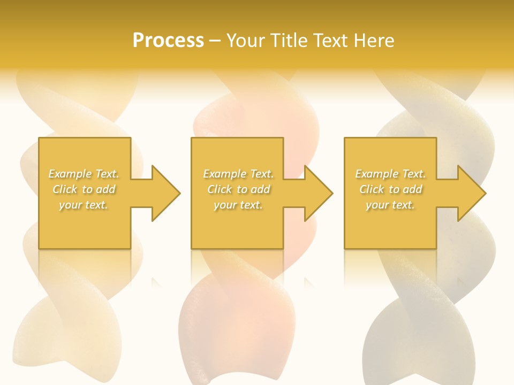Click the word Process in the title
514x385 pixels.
(x=168, y=41)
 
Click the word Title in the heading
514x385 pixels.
(x=290, y=41)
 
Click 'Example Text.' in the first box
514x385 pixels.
(x=84, y=174)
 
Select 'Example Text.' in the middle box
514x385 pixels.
(x=238, y=174)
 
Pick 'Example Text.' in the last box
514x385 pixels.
(x=390, y=174)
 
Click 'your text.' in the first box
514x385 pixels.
(x=84, y=205)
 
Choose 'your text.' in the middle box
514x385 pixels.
(x=238, y=205)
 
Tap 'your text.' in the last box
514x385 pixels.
(x=390, y=205)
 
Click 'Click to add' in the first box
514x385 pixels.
(x=84, y=189)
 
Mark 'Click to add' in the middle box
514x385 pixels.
(x=239, y=189)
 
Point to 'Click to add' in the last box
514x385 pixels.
(x=391, y=189)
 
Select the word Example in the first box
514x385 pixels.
(x=70, y=174)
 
